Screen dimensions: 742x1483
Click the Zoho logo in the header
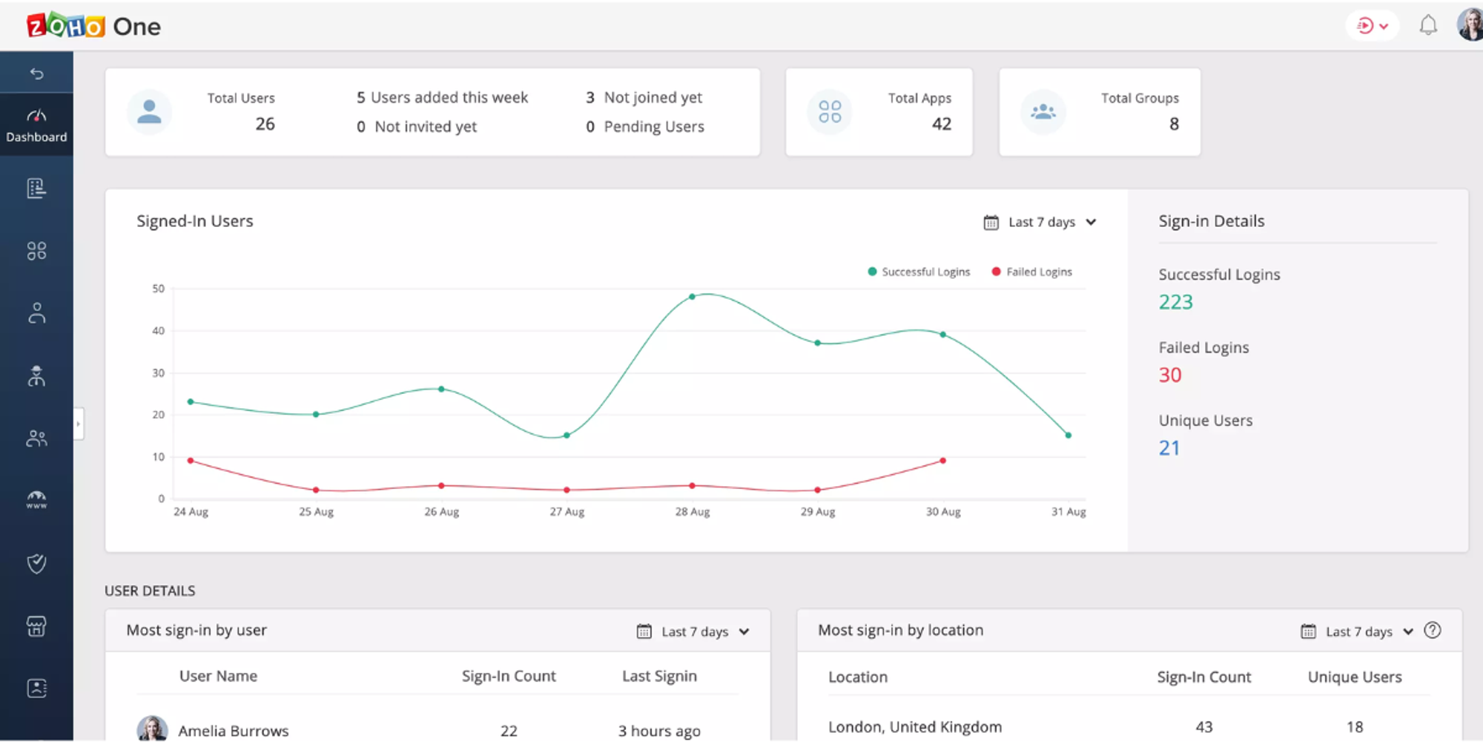[66, 26]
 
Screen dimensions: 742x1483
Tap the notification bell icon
[1428, 26]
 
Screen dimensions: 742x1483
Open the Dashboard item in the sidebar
[36, 125]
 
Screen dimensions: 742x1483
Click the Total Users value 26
[265, 124]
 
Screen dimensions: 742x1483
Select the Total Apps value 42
[941, 124]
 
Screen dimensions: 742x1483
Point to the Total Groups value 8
[1174, 124]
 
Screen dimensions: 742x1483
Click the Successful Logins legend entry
[919, 272]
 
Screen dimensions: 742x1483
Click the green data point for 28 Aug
[692, 297]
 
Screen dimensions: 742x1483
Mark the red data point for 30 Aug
[942, 461]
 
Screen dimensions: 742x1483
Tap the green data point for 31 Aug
[1068, 436]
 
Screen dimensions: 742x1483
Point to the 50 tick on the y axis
[159, 289]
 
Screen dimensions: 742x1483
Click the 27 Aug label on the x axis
[567, 512]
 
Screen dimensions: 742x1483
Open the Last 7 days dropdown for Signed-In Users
[1040, 222]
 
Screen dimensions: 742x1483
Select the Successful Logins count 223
[1175, 302]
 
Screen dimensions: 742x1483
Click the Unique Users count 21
[1169, 448]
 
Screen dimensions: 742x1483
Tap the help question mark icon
[1433, 631]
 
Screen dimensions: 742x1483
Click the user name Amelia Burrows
[233, 731]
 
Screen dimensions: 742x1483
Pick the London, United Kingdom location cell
[914, 727]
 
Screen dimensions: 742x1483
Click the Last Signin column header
[659, 676]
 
